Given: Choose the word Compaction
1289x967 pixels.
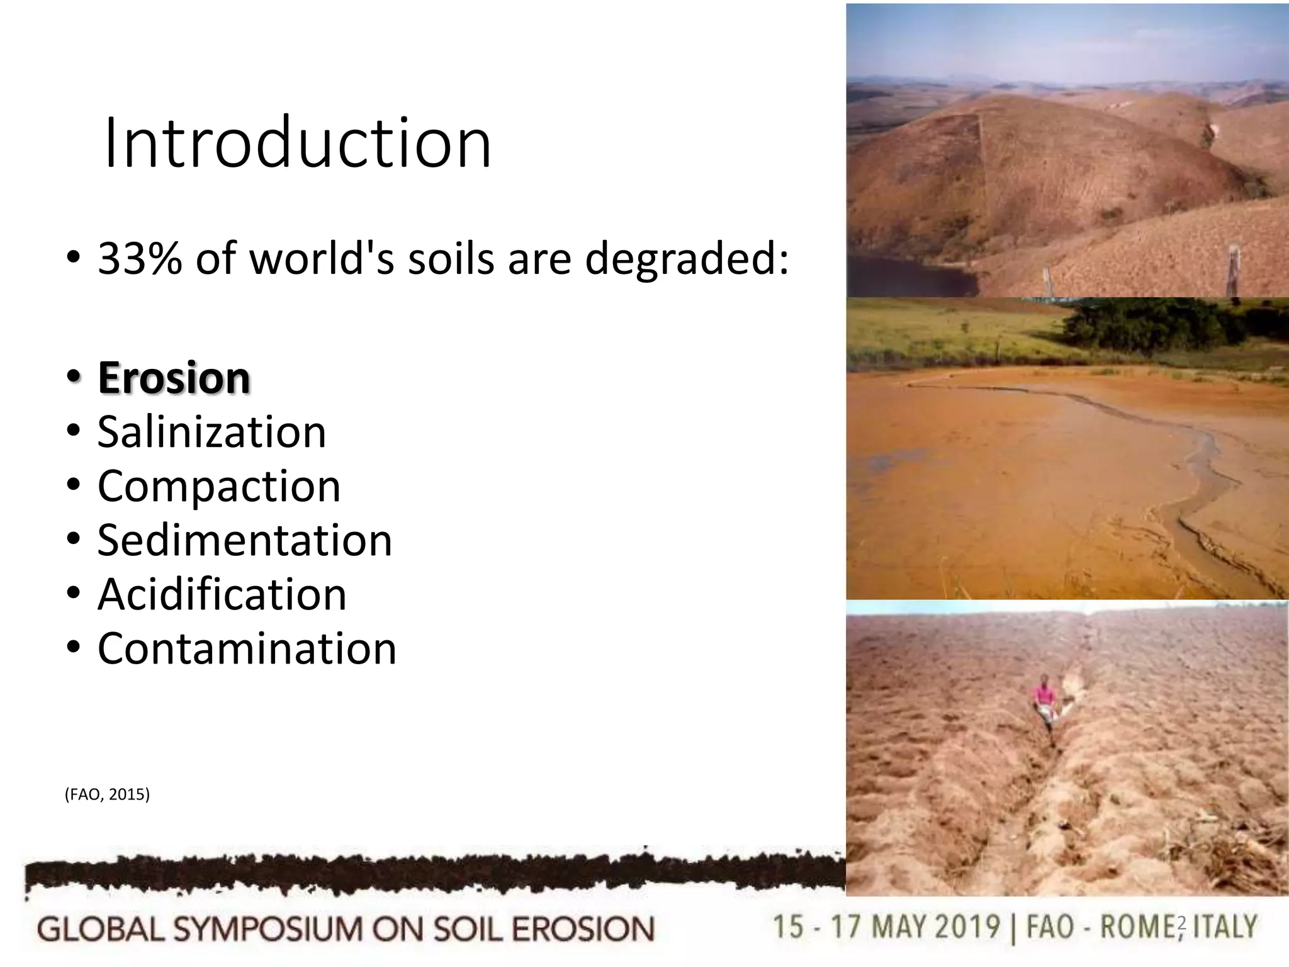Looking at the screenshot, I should [x=218, y=486].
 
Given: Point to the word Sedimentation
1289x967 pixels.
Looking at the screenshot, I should [x=244, y=540].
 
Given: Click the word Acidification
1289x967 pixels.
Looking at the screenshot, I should [x=222, y=594].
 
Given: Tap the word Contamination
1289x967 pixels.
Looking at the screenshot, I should [x=247, y=648].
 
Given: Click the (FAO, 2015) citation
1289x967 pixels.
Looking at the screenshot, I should [x=107, y=795].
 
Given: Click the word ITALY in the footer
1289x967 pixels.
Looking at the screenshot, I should [x=1225, y=927].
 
